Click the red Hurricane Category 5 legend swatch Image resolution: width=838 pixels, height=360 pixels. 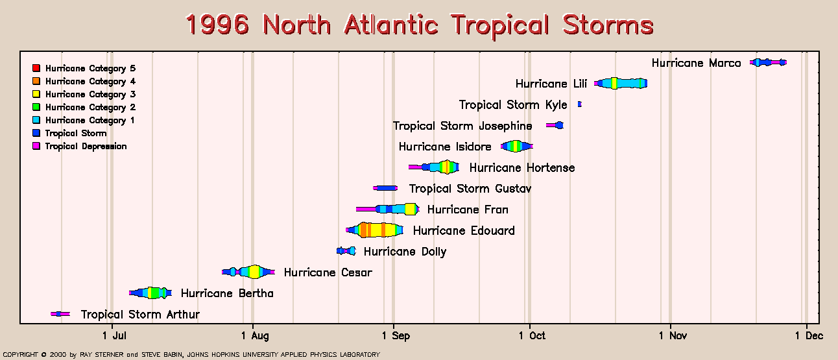pyautogui.click(x=36, y=68)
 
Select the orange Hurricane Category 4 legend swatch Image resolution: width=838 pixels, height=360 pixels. pyautogui.click(x=36, y=81)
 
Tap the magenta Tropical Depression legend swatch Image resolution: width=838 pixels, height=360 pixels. pyautogui.click(x=36, y=146)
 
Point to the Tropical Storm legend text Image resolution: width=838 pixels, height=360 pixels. pyautogui.click(x=76, y=133)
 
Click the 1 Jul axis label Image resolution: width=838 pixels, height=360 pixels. pyautogui.click(x=114, y=336)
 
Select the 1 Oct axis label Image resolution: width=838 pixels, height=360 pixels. pyautogui.click(x=532, y=336)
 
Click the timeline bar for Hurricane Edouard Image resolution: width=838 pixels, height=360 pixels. pyautogui.click(x=374, y=230)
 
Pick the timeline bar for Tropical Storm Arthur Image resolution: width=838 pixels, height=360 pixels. pyautogui.click(x=60, y=314)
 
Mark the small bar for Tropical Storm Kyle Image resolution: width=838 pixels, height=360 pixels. pyautogui.click(x=579, y=104)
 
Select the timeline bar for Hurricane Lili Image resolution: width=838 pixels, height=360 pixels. pyautogui.click(x=621, y=83)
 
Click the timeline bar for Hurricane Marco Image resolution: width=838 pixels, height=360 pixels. pyautogui.click(x=768, y=62)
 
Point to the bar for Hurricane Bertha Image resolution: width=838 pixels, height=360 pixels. pyautogui.click(x=150, y=293)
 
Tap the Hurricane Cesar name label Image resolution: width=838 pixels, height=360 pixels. pyautogui.click(x=328, y=272)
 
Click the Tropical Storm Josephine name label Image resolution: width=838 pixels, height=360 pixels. pyautogui.click(x=462, y=126)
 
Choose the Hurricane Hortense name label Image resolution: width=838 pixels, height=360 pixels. pyautogui.click(x=522, y=167)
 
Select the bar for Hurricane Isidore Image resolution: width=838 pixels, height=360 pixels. pyautogui.click(x=517, y=147)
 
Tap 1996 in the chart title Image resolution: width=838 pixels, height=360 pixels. pyautogui.click(x=217, y=25)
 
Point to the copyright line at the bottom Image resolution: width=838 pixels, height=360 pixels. pyautogui.click(x=191, y=354)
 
